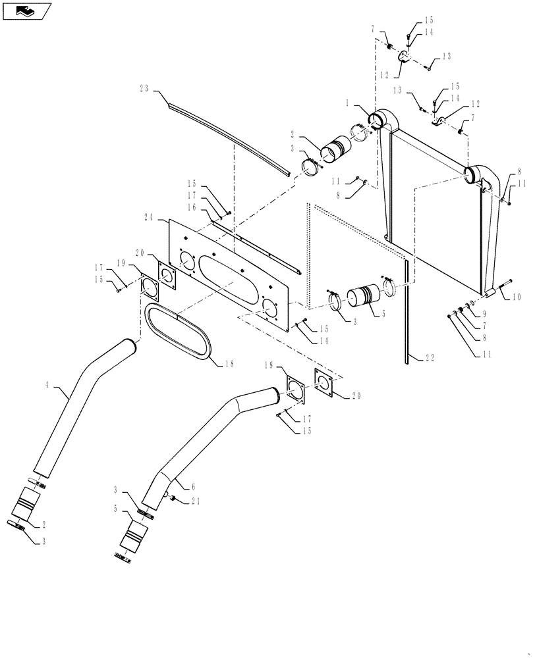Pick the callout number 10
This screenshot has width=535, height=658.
coord(516,297)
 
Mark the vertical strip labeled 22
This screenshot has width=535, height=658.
coord(407,309)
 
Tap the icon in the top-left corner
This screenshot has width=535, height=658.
coord(26,11)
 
